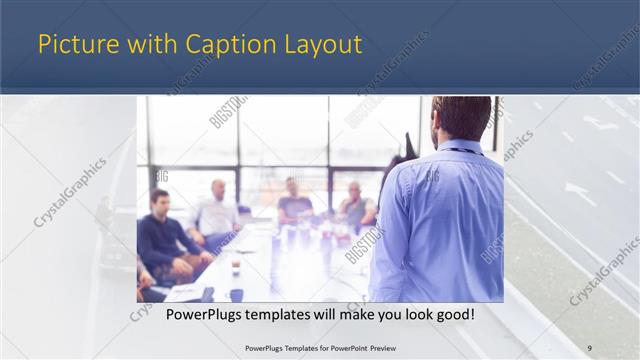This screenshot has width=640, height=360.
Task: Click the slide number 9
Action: pos(589,348)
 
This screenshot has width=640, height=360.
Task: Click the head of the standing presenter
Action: pos(461,117)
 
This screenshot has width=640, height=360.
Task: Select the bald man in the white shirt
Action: pos(216,212)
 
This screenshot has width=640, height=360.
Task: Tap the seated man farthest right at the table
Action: pos(355,208)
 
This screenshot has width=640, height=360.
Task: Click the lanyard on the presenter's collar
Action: pos(461,151)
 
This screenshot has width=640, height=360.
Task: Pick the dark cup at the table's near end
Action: pos(236,295)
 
